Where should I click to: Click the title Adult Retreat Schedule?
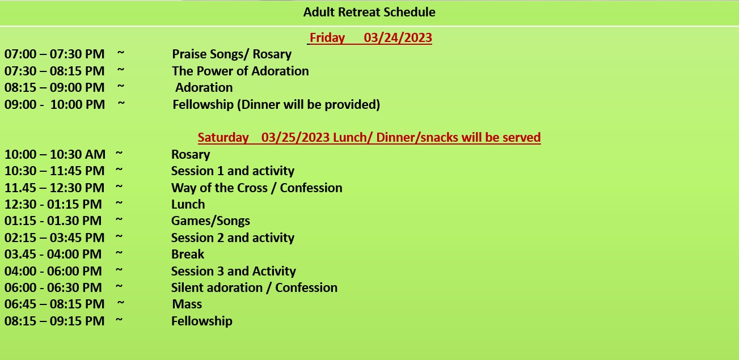(x=369, y=12)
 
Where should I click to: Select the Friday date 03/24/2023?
(x=398, y=37)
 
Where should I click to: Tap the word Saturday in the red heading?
(x=223, y=137)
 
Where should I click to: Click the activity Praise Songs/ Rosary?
(x=231, y=54)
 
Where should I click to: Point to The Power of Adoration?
(x=240, y=71)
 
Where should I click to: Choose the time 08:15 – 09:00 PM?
(x=54, y=88)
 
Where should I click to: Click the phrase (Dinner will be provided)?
(x=309, y=104)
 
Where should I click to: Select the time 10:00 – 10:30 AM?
(x=55, y=154)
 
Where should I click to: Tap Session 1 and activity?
(x=233, y=171)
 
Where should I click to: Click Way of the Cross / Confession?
(x=257, y=188)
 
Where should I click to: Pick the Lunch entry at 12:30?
(x=188, y=205)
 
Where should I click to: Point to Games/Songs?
(x=210, y=221)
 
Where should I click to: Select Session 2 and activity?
(x=233, y=238)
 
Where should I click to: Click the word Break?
(x=188, y=254)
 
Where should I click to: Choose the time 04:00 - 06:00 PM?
(x=53, y=271)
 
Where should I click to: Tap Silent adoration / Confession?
(x=254, y=287)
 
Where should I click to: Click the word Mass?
(x=187, y=304)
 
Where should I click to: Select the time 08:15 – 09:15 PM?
(x=54, y=321)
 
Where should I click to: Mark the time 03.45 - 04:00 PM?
(x=53, y=254)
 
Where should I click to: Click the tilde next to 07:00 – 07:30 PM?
(x=121, y=53)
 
